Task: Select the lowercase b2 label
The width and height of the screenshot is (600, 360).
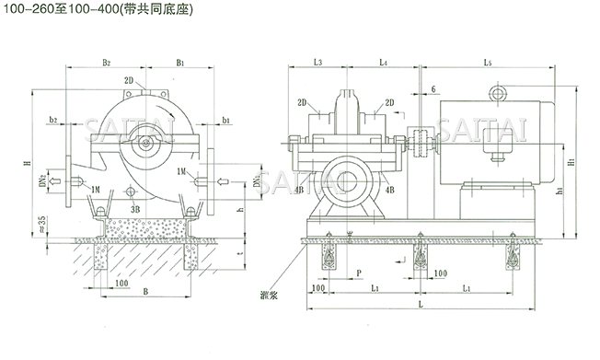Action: [54, 121]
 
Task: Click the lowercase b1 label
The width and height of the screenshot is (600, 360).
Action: [226, 121]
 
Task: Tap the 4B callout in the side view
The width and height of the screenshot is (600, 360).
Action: [390, 190]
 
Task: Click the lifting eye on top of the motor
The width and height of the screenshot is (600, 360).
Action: [501, 92]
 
